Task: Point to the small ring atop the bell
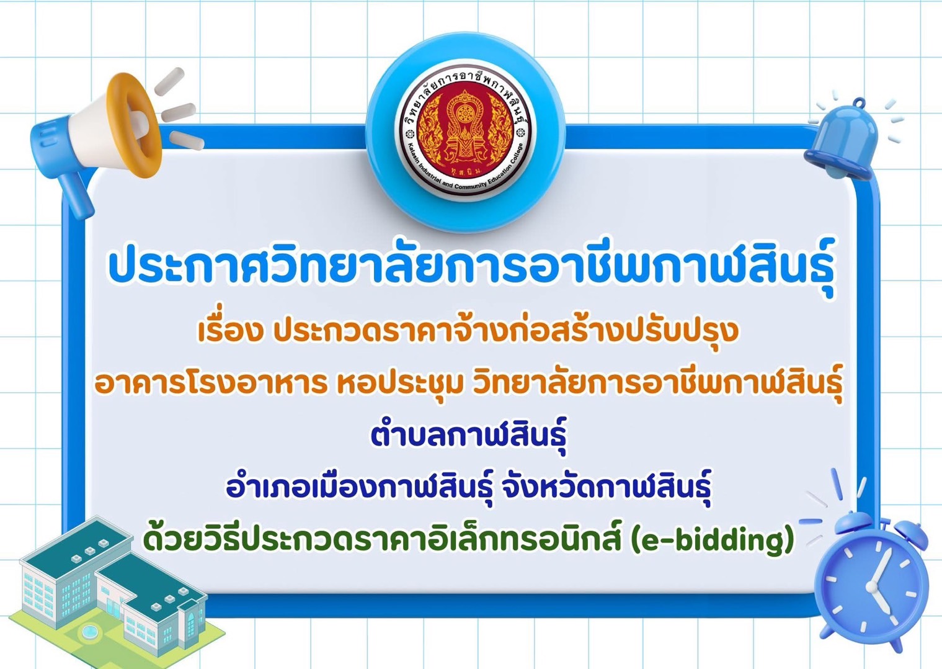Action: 858,102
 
